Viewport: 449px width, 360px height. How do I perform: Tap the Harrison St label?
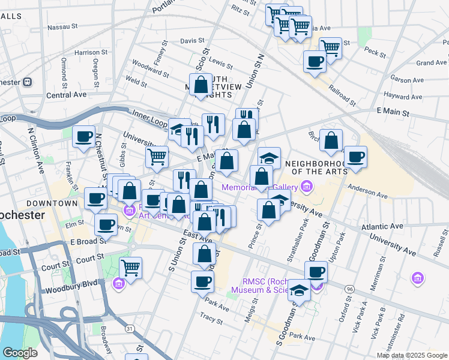click(x=91, y=53)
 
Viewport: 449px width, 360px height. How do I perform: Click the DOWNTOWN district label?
click(x=56, y=203)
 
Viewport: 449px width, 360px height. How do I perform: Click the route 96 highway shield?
click(x=349, y=289)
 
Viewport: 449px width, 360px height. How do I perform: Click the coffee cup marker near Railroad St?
click(x=315, y=61)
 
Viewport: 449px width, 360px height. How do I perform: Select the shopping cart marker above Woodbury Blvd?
click(x=130, y=268)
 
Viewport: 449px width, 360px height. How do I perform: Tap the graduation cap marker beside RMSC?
click(x=298, y=291)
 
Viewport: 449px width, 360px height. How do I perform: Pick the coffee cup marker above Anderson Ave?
click(x=355, y=157)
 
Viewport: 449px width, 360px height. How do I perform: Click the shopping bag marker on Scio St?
click(x=201, y=83)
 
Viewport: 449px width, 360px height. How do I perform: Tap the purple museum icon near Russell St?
click(x=418, y=278)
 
